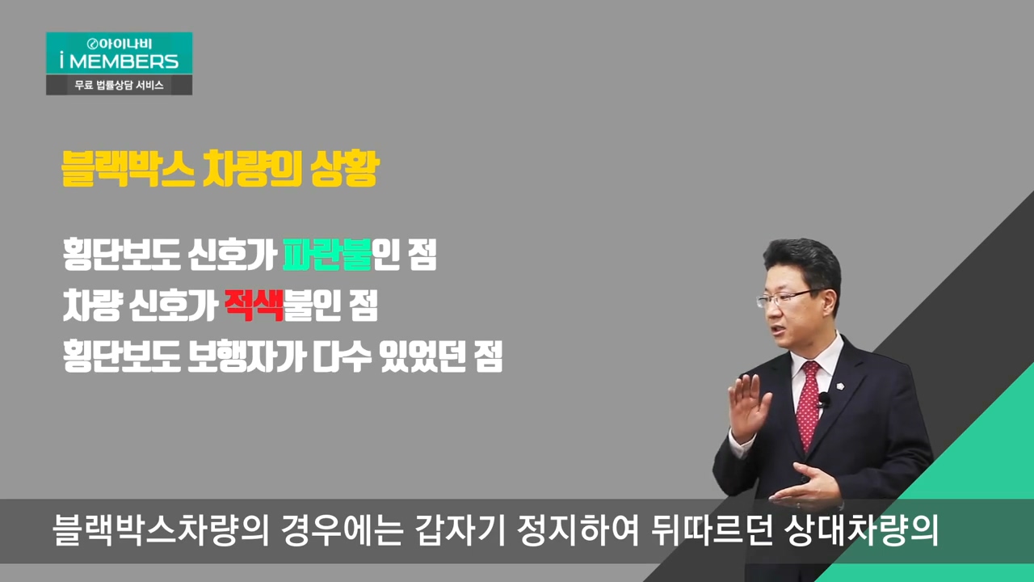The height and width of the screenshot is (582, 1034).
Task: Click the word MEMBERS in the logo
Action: (x=124, y=61)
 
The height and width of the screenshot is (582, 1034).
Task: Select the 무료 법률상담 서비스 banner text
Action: (x=119, y=86)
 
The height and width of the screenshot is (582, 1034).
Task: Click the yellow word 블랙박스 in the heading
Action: (x=128, y=169)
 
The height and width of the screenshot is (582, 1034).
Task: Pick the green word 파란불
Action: (x=327, y=254)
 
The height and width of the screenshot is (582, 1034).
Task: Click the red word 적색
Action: (x=254, y=305)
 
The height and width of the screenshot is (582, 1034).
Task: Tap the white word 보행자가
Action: (x=247, y=356)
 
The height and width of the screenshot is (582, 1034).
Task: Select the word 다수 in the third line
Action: (x=342, y=356)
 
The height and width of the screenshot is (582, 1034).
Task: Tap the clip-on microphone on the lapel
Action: (x=824, y=399)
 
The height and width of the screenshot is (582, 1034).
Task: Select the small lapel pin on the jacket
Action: (x=841, y=386)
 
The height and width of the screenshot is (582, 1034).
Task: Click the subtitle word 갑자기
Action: (x=460, y=529)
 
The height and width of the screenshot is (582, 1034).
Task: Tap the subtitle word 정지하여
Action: (x=578, y=529)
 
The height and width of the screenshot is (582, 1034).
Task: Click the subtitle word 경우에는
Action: (x=342, y=529)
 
